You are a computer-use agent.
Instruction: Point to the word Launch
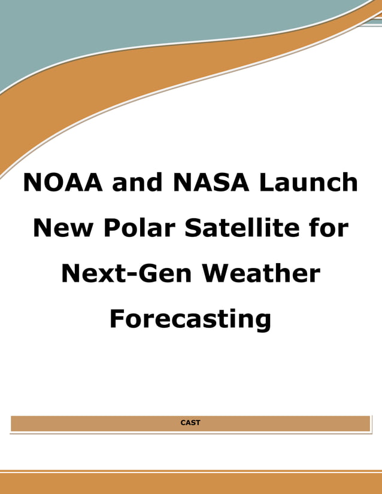[x=308, y=182]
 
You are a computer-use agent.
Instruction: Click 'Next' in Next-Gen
[x=90, y=273]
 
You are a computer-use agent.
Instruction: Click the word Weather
[x=261, y=273]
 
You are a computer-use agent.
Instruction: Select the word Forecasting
[x=190, y=319]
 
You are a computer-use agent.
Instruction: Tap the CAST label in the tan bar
[x=190, y=423]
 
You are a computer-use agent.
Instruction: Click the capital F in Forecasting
[x=117, y=318]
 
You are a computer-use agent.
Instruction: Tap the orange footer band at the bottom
[x=190, y=484]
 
